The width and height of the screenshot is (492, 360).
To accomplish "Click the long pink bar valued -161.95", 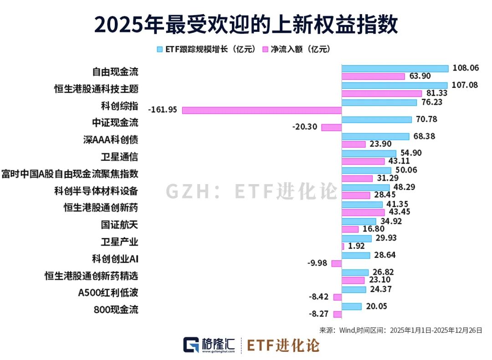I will tap(261, 110).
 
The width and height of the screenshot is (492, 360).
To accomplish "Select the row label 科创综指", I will tap(119, 106).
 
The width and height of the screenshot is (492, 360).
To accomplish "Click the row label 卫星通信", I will tap(119, 157).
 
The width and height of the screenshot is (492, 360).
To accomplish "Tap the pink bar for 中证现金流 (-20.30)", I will tap(331, 128).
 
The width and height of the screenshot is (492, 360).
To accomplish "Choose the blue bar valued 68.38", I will tap(375, 136).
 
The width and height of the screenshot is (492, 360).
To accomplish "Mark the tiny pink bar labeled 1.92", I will tap(343, 247).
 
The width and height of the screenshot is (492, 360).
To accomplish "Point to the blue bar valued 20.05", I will tap(351, 307).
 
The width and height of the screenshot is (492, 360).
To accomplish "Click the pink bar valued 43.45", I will tap(363, 212).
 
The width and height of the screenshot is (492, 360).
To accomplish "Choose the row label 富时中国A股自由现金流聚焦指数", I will tap(70, 174).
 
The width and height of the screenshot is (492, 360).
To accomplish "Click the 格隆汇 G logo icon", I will tap(191, 345).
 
